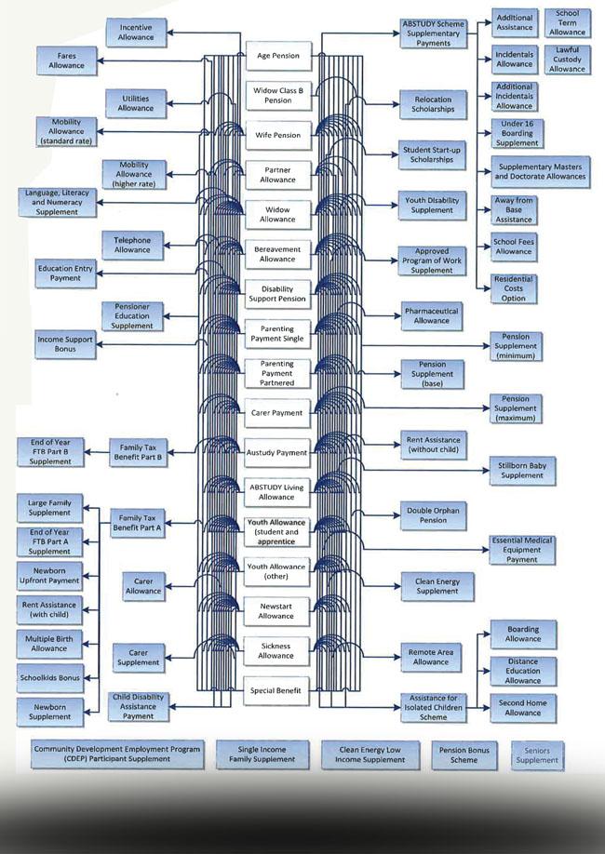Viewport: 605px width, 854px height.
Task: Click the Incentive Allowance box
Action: click(x=136, y=33)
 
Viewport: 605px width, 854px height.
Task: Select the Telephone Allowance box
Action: click(x=132, y=244)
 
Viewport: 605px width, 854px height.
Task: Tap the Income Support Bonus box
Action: click(x=65, y=345)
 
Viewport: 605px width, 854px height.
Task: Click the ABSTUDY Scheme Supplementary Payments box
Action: click(x=433, y=33)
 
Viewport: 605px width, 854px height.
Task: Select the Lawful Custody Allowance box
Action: click(x=567, y=59)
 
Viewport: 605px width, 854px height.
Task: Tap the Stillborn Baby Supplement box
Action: click(x=521, y=470)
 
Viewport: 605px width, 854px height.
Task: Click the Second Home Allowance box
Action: click(x=522, y=708)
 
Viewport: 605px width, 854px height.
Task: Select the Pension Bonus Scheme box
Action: click(x=464, y=754)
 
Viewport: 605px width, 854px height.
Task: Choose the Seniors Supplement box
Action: click(x=538, y=754)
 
